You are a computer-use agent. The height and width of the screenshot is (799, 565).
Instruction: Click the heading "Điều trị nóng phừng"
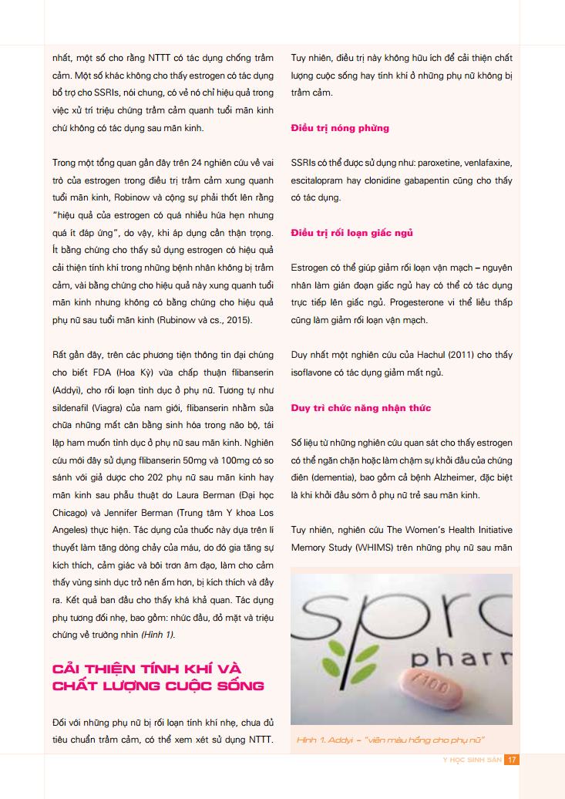[x=340, y=128]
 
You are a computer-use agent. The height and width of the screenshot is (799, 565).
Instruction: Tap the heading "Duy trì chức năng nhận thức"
[x=361, y=407]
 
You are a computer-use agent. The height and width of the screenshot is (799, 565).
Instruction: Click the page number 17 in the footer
[x=512, y=759]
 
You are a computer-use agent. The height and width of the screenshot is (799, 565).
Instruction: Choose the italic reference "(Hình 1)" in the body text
[x=157, y=634]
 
